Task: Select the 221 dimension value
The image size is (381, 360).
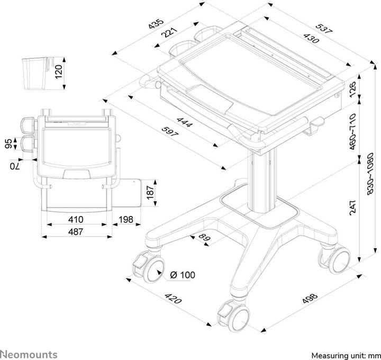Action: [169, 33]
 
